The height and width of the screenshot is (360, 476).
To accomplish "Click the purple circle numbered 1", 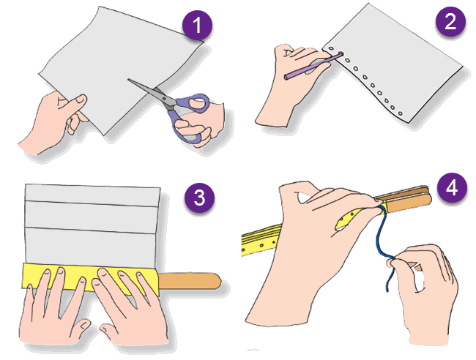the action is pos(197,25).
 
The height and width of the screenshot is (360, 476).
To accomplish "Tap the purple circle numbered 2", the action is pos(450,21).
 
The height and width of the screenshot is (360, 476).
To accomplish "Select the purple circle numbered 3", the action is pos(199,198).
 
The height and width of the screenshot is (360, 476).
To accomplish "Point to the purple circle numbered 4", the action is pos(452,188).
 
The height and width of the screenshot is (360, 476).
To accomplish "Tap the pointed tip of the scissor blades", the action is pos(128,80).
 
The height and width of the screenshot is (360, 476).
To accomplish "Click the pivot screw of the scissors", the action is pos(164,99).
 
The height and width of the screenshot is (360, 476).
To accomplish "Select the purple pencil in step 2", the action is pos(313,66).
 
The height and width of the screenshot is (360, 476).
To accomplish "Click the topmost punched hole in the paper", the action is pos(331,48).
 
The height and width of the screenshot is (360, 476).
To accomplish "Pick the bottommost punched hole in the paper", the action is pos(400,113).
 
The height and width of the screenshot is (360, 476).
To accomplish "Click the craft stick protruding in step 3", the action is pos(190,281).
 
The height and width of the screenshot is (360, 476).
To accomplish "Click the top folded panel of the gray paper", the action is pos(92,195).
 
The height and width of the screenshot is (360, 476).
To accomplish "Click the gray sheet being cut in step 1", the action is pos(122,67).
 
